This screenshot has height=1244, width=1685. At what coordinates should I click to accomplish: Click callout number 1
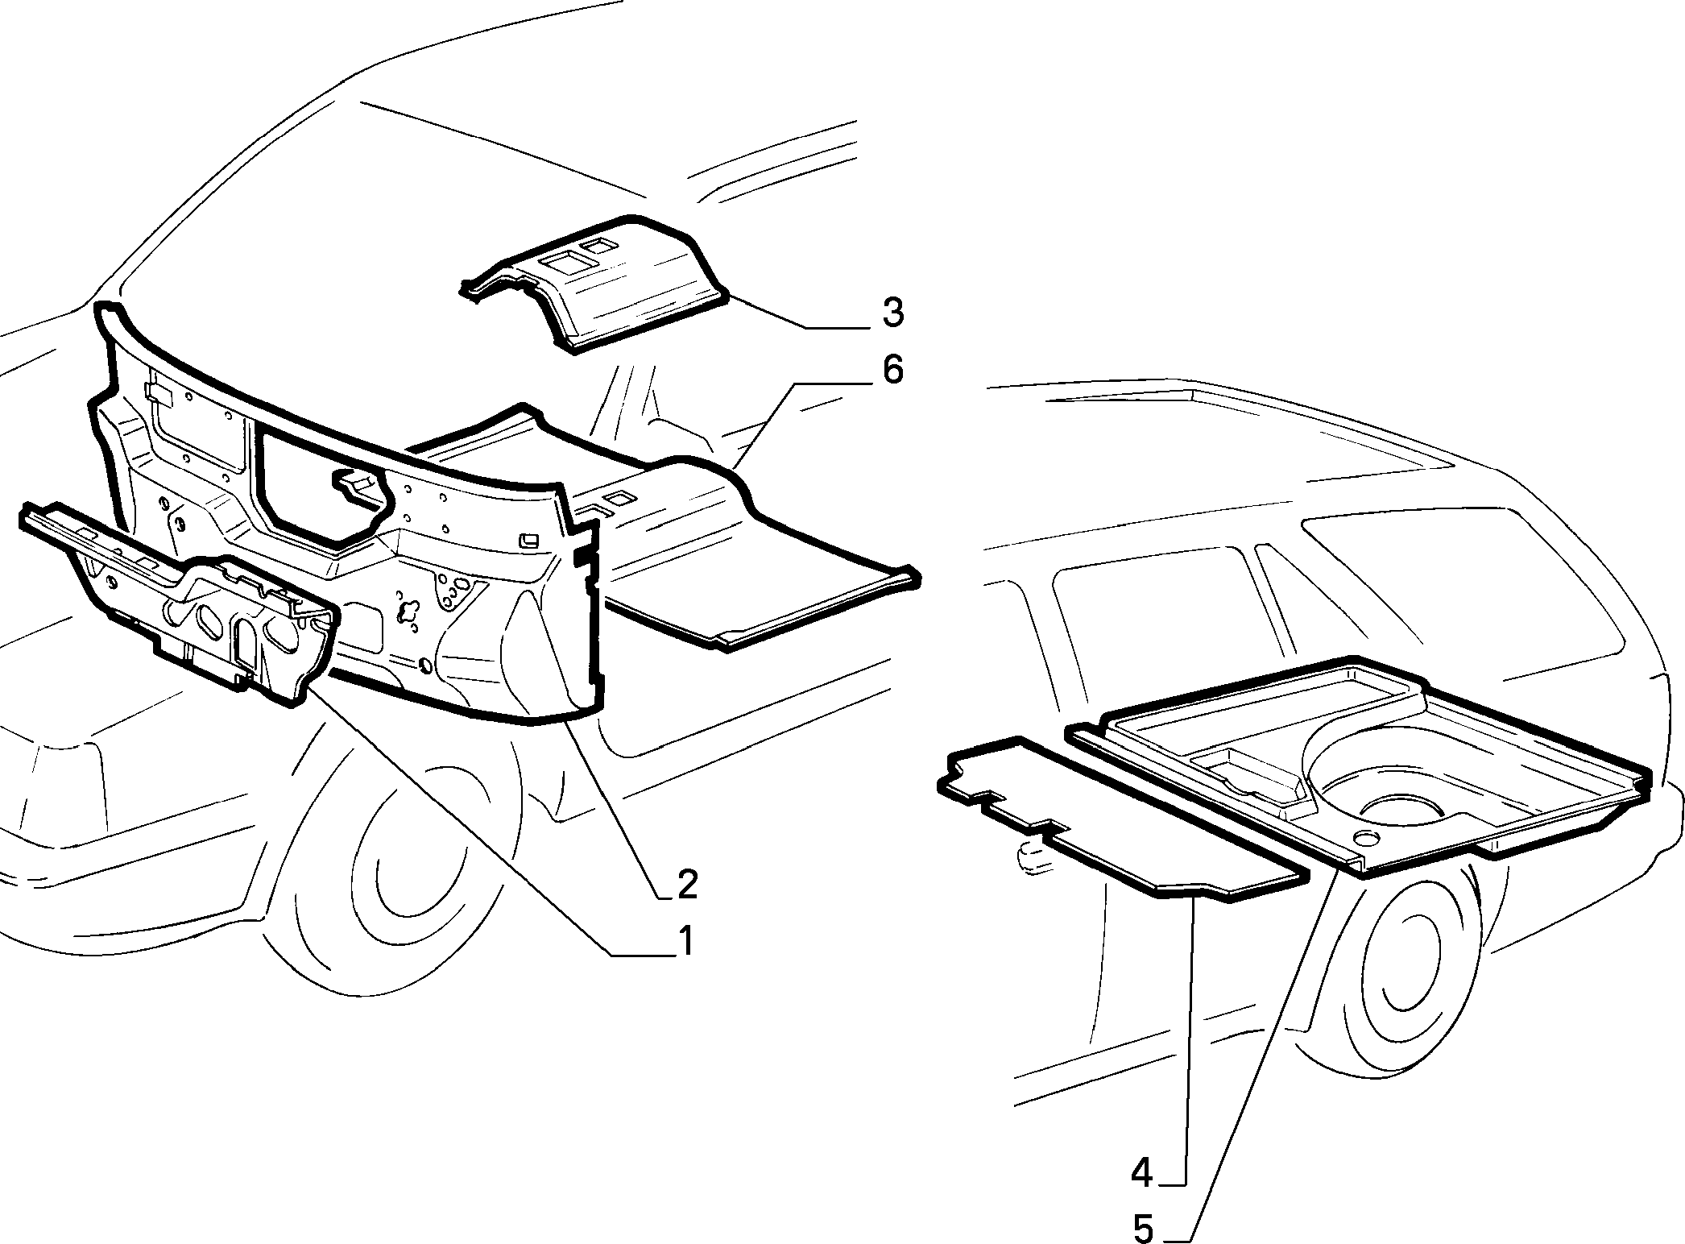tap(685, 941)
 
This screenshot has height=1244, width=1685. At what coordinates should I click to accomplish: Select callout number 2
tap(687, 884)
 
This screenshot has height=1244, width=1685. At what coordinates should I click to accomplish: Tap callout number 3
tap(892, 313)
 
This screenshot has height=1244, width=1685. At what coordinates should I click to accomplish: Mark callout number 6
tap(892, 370)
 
